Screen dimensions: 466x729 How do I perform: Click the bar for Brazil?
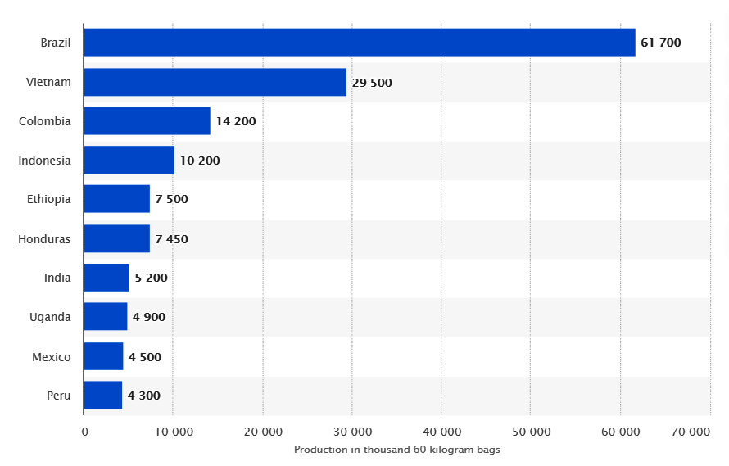point(359,43)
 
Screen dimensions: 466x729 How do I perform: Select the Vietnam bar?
point(215,82)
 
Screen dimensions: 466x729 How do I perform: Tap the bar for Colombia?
point(147,121)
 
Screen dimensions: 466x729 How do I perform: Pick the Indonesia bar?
point(129,161)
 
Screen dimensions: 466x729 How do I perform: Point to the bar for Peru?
point(102,396)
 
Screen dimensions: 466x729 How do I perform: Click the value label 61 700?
point(660,43)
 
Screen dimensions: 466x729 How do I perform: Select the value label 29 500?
point(372,82)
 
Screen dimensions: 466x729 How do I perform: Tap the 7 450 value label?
point(171,239)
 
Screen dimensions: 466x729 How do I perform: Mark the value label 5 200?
point(151,278)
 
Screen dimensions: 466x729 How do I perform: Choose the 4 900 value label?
point(148,317)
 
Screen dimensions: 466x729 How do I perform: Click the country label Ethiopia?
point(48,199)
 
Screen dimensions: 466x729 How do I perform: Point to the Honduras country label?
point(44,239)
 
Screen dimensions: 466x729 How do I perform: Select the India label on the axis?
point(57,278)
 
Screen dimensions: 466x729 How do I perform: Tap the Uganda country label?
point(50,317)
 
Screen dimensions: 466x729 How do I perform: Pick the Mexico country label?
point(51,357)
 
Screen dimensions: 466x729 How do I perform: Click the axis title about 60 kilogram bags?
point(396,450)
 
